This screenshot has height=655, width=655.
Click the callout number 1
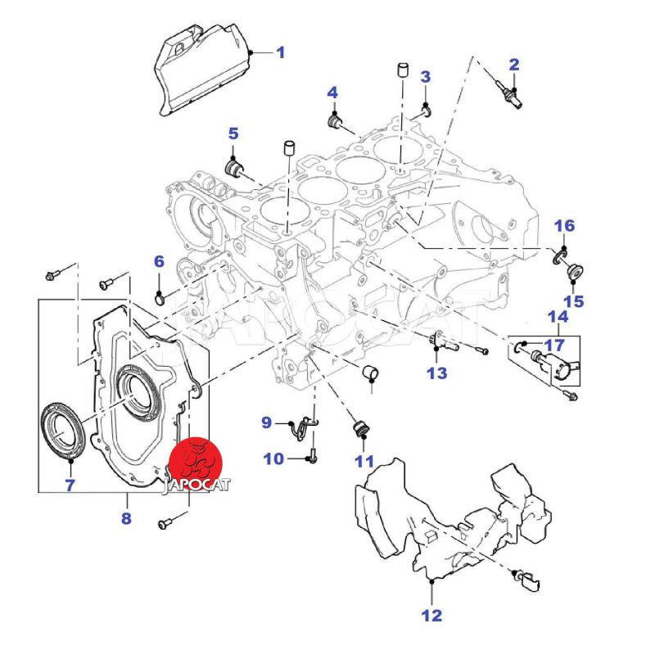click(x=280, y=53)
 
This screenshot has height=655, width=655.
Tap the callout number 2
click(x=514, y=64)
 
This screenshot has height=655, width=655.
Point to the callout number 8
click(x=126, y=519)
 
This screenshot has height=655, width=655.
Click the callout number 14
click(x=558, y=317)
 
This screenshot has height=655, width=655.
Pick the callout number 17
click(x=554, y=344)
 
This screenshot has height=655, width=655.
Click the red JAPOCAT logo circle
click(x=198, y=460)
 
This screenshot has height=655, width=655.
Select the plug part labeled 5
click(x=235, y=169)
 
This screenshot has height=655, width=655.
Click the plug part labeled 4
click(x=334, y=123)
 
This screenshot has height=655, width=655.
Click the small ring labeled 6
click(x=160, y=293)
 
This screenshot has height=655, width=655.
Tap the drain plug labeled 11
click(x=358, y=430)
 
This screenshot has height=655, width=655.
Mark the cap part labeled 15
click(x=572, y=273)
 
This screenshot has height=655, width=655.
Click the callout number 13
click(x=436, y=373)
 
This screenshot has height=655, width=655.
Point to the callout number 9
click(x=267, y=422)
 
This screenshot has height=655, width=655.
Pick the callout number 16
click(x=565, y=226)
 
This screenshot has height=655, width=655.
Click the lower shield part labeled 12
click(x=442, y=524)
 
